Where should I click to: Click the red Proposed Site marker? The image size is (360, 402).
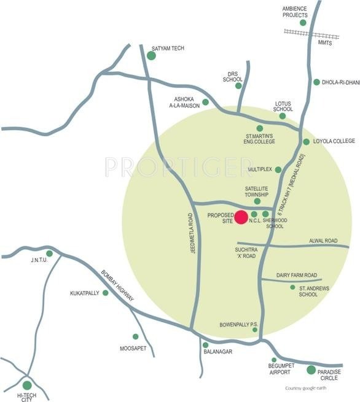pyautogui.click(x=241, y=217)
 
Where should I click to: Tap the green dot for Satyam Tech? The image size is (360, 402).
pyautogui.click(x=151, y=56)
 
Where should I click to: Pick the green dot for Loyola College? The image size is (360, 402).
pyautogui.click(x=307, y=142)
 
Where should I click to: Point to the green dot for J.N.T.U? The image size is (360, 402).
pyautogui.click(x=50, y=253)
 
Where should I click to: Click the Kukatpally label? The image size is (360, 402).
pyautogui.click(x=85, y=293)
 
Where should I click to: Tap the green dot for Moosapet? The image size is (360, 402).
pyautogui.click(x=136, y=336)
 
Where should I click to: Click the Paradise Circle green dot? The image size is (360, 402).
pyautogui.click(x=311, y=369)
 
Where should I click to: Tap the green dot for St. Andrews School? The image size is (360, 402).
pyautogui.click(x=293, y=287)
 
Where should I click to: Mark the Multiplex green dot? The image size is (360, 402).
pyautogui.click(x=278, y=169)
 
